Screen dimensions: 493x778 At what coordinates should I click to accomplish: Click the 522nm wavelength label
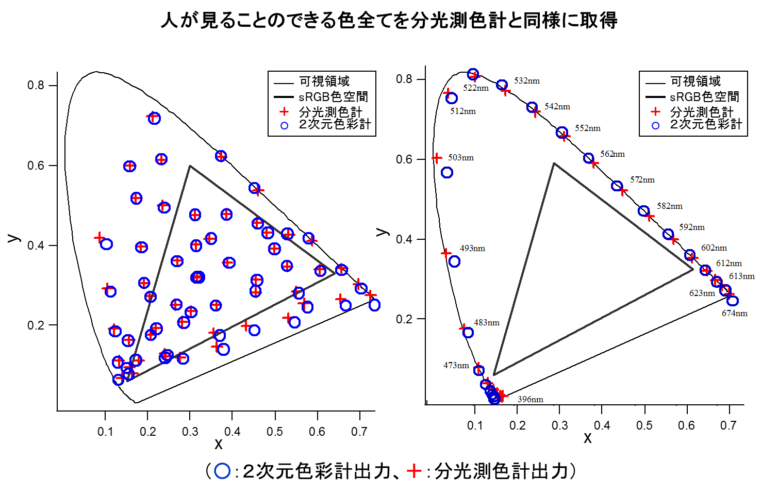tap(475, 88)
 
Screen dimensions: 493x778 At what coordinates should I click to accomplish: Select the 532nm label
tap(526, 81)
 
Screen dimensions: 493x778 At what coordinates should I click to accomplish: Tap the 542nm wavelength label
tap(557, 107)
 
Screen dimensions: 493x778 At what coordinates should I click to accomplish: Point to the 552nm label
tap(587, 128)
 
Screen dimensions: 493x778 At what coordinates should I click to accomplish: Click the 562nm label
tap(613, 154)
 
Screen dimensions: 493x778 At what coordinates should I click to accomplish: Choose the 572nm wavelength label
tap(642, 180)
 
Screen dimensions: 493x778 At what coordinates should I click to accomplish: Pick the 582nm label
tap(669, 206)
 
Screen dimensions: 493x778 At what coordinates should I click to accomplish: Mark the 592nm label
tap(691, 227)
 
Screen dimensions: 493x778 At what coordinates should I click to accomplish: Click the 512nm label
tap(462, 111)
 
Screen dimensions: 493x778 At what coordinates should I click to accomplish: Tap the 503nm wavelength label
tap(460, 158)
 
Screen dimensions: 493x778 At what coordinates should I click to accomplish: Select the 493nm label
tap(472, 249)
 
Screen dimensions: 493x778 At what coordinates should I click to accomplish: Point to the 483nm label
tap(486, 323)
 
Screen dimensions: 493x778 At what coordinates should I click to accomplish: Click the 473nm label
tap(456, 366)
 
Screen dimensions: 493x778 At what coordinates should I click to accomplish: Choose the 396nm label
tap(530, 400)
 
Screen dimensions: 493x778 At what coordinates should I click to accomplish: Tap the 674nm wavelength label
tap(734, 314)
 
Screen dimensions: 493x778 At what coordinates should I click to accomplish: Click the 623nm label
tap(702, 293)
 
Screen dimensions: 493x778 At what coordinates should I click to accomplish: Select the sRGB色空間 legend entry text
tap(704, 97)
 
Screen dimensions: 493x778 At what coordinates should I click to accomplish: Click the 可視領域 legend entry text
tap(696, 81)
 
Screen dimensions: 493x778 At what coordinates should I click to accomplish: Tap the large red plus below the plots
tap(414, 471)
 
